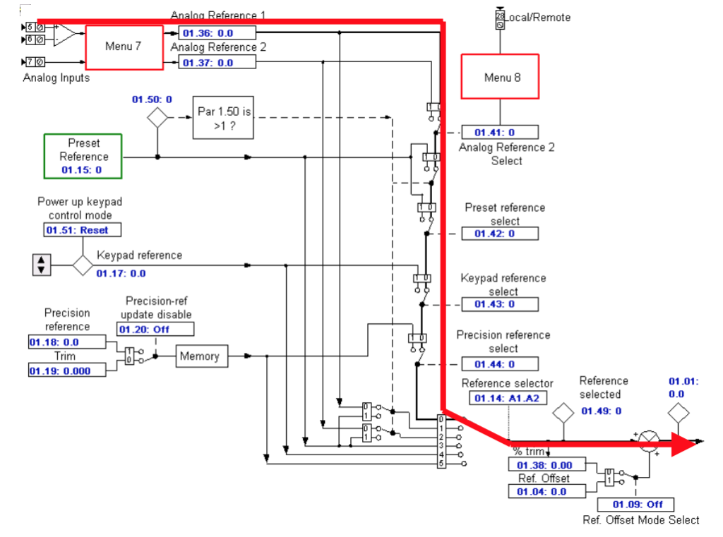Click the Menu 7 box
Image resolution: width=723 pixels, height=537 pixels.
click(124, 47)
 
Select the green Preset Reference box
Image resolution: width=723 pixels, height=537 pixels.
click(83, 155)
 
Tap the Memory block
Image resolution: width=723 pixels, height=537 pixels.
click(199, 356)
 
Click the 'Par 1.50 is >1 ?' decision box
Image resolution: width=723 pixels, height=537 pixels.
click(223, 119)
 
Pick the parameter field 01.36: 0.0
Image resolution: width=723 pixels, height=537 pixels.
click(217, 33)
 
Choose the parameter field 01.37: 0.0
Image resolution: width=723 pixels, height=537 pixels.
click(217, 63)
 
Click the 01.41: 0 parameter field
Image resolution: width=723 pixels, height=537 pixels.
click(499, 133)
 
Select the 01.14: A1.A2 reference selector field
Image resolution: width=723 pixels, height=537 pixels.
click(506, 398)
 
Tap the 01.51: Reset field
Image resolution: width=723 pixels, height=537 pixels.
click(81, 230)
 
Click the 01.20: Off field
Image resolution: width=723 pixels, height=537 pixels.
click(155, 330)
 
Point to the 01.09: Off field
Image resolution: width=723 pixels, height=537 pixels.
click(635, 505)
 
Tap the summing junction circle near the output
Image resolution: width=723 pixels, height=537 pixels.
click(647, 440)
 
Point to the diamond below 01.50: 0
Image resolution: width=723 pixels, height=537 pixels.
click(157, 118)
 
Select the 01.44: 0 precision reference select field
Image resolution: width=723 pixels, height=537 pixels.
click(499, 364)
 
